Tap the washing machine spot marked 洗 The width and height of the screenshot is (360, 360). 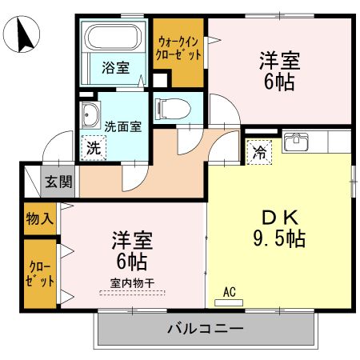point(94,147)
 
